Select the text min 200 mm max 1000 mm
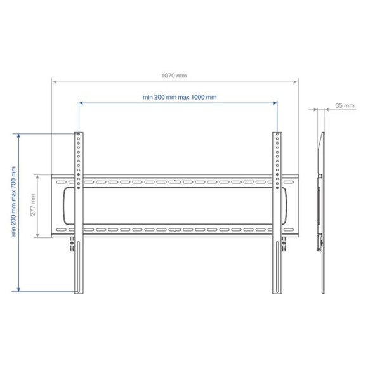click(180, 97)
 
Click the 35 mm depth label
click(345, 105)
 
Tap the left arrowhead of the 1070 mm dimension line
click(54, 81)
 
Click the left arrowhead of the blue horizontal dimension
click(81, 102)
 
